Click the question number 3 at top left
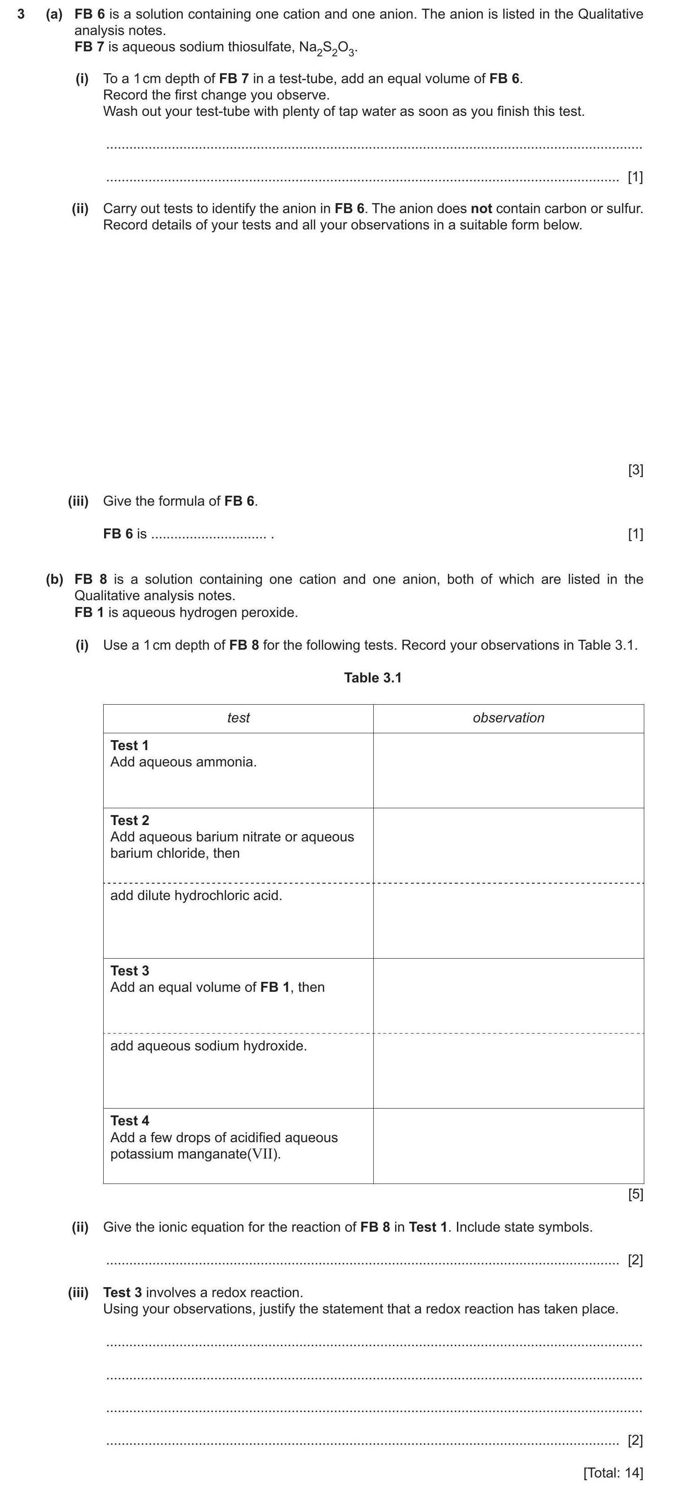(x=21, y=15)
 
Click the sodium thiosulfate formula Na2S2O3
(x=328, y=48)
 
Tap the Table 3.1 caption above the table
(x=372, y=678)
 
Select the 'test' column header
(x=238, y=718)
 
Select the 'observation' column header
(x=508, y=718)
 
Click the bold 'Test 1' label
(x=129, y=746)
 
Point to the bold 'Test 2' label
(x=130, y=820)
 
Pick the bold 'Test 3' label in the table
(x=130, y=971)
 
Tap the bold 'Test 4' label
(x=130, y=1121)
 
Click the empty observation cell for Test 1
(x=508, y=771)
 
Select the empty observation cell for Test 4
(x=508, y=1146)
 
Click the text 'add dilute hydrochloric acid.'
(x=196, y=895)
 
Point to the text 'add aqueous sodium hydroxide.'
(x=209, y=1045)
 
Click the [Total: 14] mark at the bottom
(x=613, y=1473)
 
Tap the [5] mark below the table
(x=636, y=1194)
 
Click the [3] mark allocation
(x=636, y=470)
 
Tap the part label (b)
(x=55, y=579)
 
